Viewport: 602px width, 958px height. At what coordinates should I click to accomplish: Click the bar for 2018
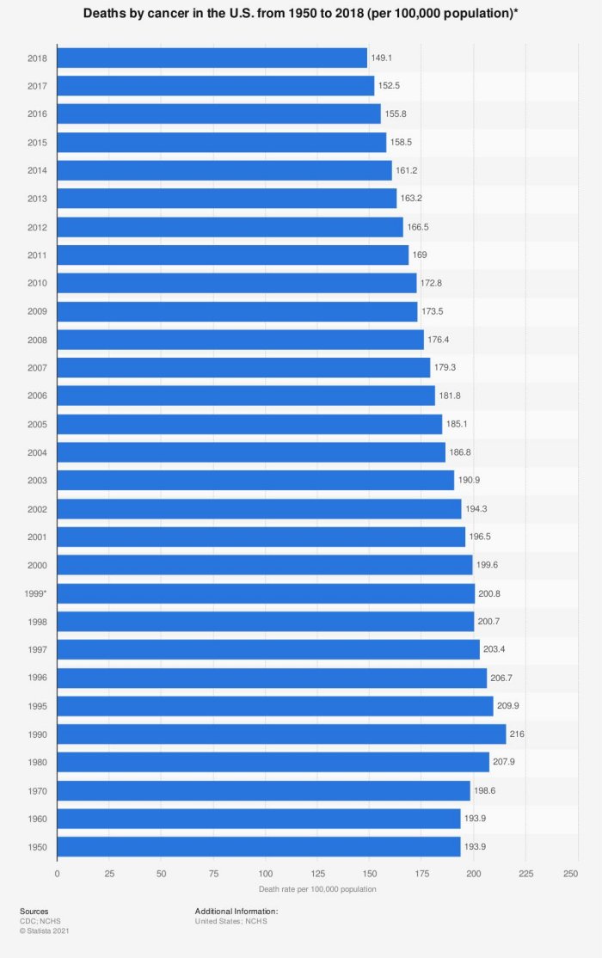pyautogui.click(x=212, y=58)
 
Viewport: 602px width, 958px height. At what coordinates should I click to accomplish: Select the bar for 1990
pyautogui.click(x=281, y=734)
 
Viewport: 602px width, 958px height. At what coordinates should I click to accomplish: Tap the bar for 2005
pyautogui.click(x=249, y=424)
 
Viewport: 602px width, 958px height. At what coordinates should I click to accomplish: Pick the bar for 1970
pyautogui.click(x=263, y=790)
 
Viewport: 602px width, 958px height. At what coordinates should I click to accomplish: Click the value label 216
pyautogui.click(x=517, y=734)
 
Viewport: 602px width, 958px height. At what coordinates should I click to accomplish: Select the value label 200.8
pyautogui.click(x=489, y=593)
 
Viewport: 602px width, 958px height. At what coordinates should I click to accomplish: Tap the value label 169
pyautogui.click(x=420, y=255)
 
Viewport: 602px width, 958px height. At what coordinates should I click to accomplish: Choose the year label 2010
pyautogui.click(x=38, y=283)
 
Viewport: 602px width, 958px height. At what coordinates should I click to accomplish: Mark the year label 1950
pyautogui.click(x=38, y=847)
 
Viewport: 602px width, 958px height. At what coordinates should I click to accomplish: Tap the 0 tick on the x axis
pyautogui.click(x=57, y=873)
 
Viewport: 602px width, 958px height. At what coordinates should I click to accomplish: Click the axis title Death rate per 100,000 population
pyautogui.click(x=316, y=888)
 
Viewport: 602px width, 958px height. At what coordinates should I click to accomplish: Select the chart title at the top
pyautogui.click(x=301, y=15)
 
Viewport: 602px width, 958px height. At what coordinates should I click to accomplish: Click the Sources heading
pyautogui.click(x=34, y=911)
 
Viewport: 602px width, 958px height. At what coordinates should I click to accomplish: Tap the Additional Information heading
pyautogui.click(x=236, y=911)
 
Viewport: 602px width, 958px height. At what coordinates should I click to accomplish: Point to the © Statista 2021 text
pyautogui.click(x=45, y=930)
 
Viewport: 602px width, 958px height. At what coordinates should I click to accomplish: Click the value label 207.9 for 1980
pyautogui.click(x=506, y=763)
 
